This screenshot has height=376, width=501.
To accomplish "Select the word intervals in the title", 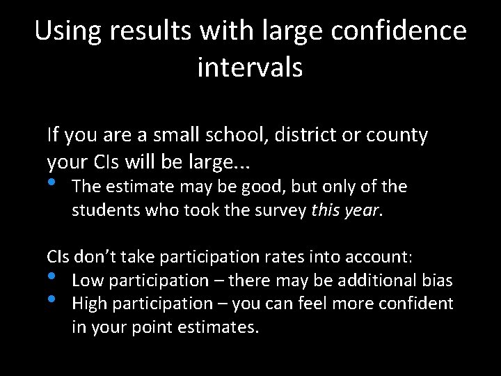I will pos(250,68).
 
